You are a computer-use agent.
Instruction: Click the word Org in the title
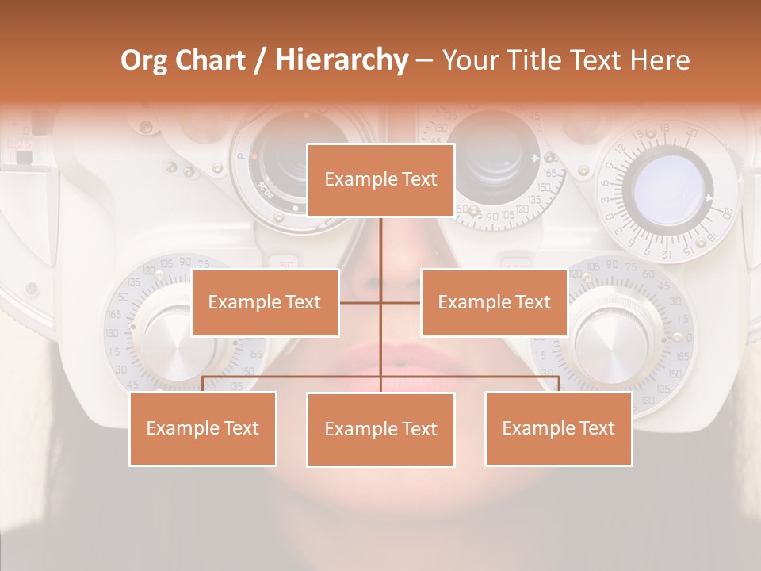coord(143,60)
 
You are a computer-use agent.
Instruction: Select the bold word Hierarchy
coord(341,60)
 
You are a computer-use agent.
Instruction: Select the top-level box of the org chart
coord(380,180)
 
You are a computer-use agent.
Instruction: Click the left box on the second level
coord(265,302)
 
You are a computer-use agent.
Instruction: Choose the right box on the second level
coord(494,302)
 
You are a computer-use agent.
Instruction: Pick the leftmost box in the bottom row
coord(203,428)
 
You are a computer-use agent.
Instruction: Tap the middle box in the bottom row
coord(380,429)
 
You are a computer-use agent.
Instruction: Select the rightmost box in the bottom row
coord(558,428)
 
